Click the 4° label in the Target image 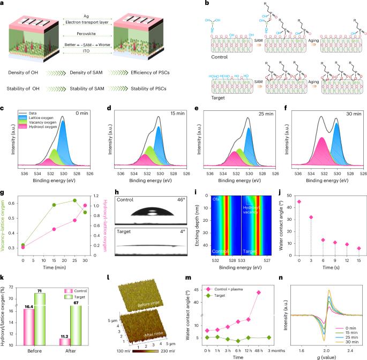pos(175,232)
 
